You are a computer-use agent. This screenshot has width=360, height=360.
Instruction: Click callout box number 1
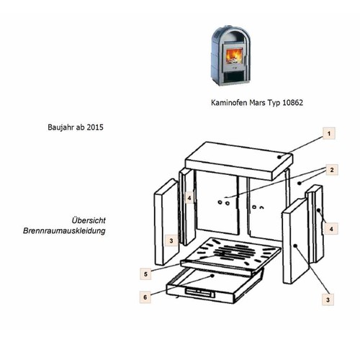click(329, 133)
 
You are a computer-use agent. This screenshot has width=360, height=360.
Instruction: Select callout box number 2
click(332, 170)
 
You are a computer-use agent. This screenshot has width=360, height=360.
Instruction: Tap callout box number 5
click(145, 274)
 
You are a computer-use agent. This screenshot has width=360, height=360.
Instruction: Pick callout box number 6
click(145, 297)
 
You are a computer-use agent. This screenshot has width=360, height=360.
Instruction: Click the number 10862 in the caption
click(293, 102)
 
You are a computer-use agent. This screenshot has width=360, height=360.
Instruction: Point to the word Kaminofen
click(229, 102)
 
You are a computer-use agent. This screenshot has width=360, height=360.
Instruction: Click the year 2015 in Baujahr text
click(95, 127)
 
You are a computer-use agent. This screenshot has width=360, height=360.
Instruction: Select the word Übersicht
click(89, 220)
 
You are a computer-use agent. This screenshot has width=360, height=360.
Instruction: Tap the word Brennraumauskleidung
click(64, 231)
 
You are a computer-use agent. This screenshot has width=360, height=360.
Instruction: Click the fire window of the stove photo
click(235, 56)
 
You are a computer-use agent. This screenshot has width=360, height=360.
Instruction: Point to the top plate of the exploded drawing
click(239, 161)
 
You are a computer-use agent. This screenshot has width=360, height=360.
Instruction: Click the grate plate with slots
click(230, 256)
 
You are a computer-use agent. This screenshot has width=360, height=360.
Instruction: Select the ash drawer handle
click(199, 292)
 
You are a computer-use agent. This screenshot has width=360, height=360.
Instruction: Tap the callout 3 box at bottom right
click(328, 300)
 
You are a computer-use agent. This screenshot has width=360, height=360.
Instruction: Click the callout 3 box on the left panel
click(171, 240)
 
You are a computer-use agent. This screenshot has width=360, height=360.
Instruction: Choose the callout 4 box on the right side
click(331, 229)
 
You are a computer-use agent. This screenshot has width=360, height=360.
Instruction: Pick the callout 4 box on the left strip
click(189, 198)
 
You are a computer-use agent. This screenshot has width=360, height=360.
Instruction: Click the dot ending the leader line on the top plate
click(279, 157)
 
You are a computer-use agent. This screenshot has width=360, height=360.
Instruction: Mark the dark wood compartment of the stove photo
click(232, 76)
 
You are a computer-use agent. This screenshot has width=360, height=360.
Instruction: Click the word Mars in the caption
click(258, 102)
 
